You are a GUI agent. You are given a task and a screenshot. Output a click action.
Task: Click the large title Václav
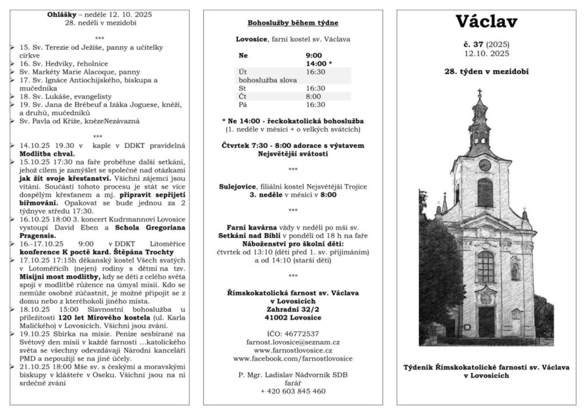(x=486, y=22)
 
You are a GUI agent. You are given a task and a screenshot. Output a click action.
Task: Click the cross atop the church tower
(x=480, y=92)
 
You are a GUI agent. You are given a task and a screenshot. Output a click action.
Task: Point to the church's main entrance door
(x=486, y=322)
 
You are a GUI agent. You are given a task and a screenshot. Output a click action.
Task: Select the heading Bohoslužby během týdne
(x=292, y=23)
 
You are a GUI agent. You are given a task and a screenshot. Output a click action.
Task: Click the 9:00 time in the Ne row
(x=314, y=56)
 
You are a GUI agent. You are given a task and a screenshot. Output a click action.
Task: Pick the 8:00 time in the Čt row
(x=313, y=96)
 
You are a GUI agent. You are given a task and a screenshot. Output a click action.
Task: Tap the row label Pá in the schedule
(x=242, y=104)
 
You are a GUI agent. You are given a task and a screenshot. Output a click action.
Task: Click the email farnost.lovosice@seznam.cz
(x=292, y=342)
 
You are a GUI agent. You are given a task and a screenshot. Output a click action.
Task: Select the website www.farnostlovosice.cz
(x=292, y=350)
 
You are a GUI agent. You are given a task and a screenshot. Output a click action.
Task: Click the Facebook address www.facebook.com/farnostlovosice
(x=292, y=358)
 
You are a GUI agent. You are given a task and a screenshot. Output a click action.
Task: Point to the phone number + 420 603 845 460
(x=292, y=391)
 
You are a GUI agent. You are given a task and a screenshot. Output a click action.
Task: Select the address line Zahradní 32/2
(x=292, y=309)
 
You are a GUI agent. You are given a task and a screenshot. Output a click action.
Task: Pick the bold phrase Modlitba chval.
(x=47, y=154)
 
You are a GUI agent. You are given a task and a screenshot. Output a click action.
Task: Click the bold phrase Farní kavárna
(x=250, y=228)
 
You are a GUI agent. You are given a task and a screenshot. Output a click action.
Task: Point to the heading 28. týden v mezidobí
(x=486, y=72)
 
